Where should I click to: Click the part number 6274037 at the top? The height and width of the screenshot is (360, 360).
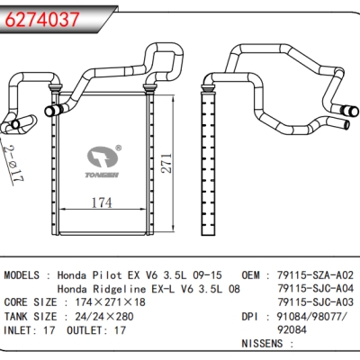pos(42,19)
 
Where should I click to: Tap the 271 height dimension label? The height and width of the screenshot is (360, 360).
pos(166,163)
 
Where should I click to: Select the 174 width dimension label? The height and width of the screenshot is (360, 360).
pos(102,202)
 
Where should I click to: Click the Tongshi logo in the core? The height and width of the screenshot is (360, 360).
pos(102,162)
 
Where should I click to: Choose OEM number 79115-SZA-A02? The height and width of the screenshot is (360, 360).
pos(315,274)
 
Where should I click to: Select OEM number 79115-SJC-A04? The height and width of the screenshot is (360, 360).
pos(315,288)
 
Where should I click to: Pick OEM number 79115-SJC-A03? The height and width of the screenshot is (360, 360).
pos(315,302)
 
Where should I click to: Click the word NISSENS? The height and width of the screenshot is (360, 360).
pos(262,344)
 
